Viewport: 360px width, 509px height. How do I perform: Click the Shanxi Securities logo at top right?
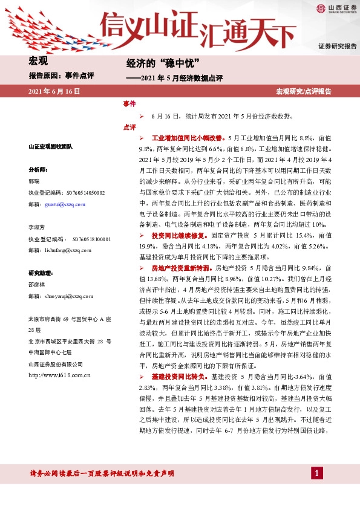(335, 8)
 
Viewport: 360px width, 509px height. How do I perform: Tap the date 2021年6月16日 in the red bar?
(54, 91)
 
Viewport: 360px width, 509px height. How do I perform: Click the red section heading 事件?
(129, 104)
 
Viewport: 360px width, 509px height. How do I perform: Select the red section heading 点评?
(129, 128)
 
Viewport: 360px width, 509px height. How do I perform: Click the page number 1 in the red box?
(316, 472)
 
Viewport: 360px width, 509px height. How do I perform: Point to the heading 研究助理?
(41, 273)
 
